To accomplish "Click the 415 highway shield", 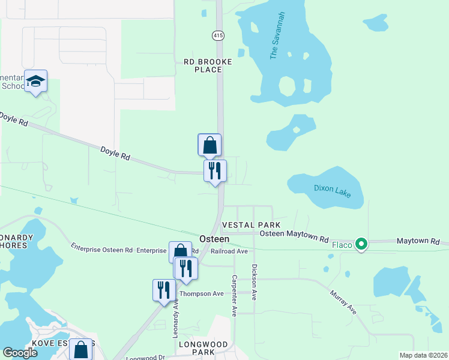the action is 218,37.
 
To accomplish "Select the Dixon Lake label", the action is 331,188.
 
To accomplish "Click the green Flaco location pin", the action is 361,244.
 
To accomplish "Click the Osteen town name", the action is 214,238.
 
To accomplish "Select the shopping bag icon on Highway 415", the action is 209,145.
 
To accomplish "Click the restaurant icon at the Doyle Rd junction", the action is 215,171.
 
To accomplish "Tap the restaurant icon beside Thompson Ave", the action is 164,290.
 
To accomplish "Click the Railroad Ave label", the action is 230,251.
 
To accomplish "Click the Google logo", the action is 20,353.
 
